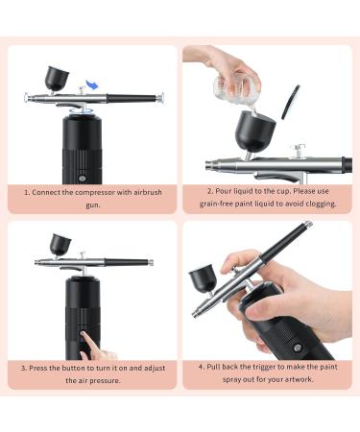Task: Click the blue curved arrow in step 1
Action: (x=91, y=85)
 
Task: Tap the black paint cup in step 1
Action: (x=56, y=76)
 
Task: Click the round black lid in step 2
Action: (x=290, y=99)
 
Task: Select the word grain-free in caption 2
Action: (x=224, y=204)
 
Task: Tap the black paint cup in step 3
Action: (x=60, y=245)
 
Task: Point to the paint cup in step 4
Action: (x=203, y=277)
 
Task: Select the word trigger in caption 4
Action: (x=265, y=367)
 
